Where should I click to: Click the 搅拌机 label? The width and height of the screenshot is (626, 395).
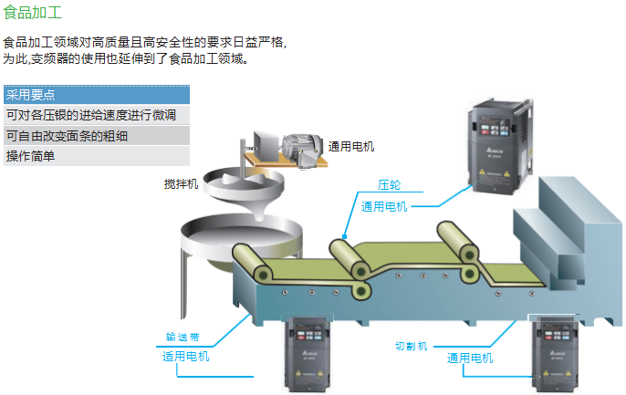(180, 184)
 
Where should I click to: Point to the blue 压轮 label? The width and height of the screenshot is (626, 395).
(390, 184)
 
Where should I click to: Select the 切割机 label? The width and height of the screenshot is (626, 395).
(411, 347)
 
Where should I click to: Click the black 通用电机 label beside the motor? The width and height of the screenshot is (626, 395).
(351, 146)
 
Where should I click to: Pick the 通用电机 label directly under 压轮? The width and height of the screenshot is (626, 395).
(384, 206)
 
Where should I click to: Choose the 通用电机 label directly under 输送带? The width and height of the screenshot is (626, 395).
(185, 357)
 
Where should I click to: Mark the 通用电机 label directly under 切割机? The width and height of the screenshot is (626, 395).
(470, 359)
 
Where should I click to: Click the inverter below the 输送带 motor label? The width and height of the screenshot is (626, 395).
(312, 355)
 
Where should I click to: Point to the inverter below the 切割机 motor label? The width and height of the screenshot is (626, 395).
(557, 356)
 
